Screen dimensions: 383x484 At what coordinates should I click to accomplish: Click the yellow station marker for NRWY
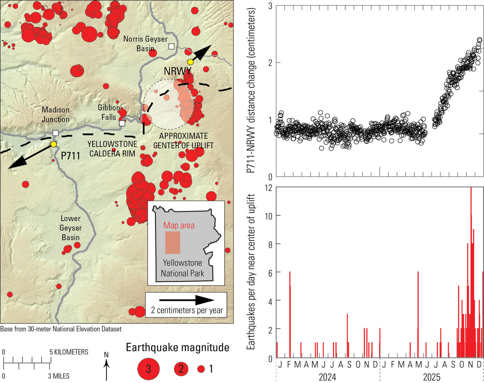191,62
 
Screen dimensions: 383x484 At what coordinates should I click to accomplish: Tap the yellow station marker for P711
54,144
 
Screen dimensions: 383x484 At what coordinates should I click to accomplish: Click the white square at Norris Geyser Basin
171,46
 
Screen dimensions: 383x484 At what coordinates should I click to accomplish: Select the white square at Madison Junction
55,133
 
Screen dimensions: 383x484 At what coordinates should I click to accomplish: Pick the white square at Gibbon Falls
122,123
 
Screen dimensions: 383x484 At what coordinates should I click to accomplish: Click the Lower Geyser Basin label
71,228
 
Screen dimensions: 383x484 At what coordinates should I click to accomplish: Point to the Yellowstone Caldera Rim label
112,149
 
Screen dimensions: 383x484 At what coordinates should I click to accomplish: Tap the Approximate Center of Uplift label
183,141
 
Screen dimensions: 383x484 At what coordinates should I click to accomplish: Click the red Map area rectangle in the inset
172,242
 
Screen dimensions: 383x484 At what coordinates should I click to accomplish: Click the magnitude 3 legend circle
148,369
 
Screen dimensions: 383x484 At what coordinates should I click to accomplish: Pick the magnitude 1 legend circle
201,369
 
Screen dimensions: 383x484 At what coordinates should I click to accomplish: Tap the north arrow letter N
106,355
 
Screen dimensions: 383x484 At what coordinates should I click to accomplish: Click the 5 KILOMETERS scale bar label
69,352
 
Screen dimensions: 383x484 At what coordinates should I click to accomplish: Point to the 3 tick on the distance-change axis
270,6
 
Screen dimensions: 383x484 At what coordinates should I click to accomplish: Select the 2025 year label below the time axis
431,377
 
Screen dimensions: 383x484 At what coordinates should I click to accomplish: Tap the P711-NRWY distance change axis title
251,90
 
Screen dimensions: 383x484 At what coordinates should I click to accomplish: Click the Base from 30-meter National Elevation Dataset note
61,329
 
